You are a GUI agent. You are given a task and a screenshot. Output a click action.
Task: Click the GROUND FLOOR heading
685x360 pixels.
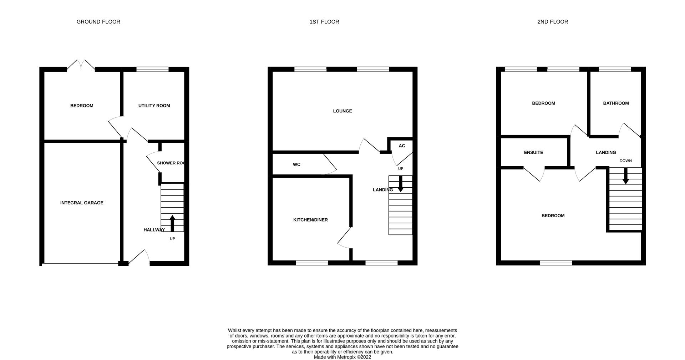point(98,22)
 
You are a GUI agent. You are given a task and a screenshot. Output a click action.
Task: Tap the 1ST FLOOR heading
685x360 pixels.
point(324,22)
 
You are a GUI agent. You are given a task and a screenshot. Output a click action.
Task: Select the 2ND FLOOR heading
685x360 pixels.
point(553,22)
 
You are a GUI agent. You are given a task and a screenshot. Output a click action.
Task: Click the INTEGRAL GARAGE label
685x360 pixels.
point(82,203)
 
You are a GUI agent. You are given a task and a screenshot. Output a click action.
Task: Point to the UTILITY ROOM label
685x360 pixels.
point(154,106)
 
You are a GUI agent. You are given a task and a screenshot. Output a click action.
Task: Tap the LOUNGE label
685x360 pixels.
point(342,111)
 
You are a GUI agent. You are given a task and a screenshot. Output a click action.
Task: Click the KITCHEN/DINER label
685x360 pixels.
point(310,220)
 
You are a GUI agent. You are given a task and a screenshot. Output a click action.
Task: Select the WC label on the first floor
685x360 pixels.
point(296,164)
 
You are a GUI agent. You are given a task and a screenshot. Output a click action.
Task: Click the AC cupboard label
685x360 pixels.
point(402,146)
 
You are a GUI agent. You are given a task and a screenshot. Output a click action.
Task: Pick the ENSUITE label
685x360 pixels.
point(533,152)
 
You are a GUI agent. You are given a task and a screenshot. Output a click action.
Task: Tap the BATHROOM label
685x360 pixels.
point(616,103)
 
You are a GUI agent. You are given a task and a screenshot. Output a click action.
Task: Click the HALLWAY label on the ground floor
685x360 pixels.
point(154,230)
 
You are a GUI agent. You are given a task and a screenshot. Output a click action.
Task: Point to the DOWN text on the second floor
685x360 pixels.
point(625,161)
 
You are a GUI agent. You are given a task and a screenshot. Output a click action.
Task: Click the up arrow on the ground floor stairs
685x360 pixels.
point(172,223)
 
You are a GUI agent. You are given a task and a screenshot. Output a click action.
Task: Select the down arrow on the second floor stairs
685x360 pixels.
point(625,177)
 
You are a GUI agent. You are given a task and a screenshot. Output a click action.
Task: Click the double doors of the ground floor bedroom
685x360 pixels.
point(81,65)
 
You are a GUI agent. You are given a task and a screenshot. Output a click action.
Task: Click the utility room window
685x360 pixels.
point(152,69)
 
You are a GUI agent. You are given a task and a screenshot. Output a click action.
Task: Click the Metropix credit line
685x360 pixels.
point(342,357)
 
